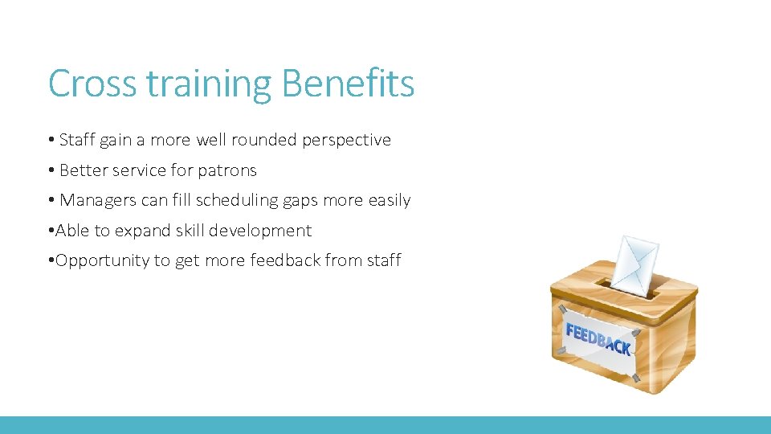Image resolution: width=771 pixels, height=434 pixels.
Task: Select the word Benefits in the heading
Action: (349, 84)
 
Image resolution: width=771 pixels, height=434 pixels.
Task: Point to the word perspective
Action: (346, 141)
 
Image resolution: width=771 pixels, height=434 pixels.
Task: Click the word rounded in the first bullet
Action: (264, 140)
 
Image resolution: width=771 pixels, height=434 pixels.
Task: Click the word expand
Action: (143, 231)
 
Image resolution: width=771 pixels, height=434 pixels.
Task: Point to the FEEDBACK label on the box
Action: (598, 339)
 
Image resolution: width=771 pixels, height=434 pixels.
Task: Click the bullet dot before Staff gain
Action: (51, 141)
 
